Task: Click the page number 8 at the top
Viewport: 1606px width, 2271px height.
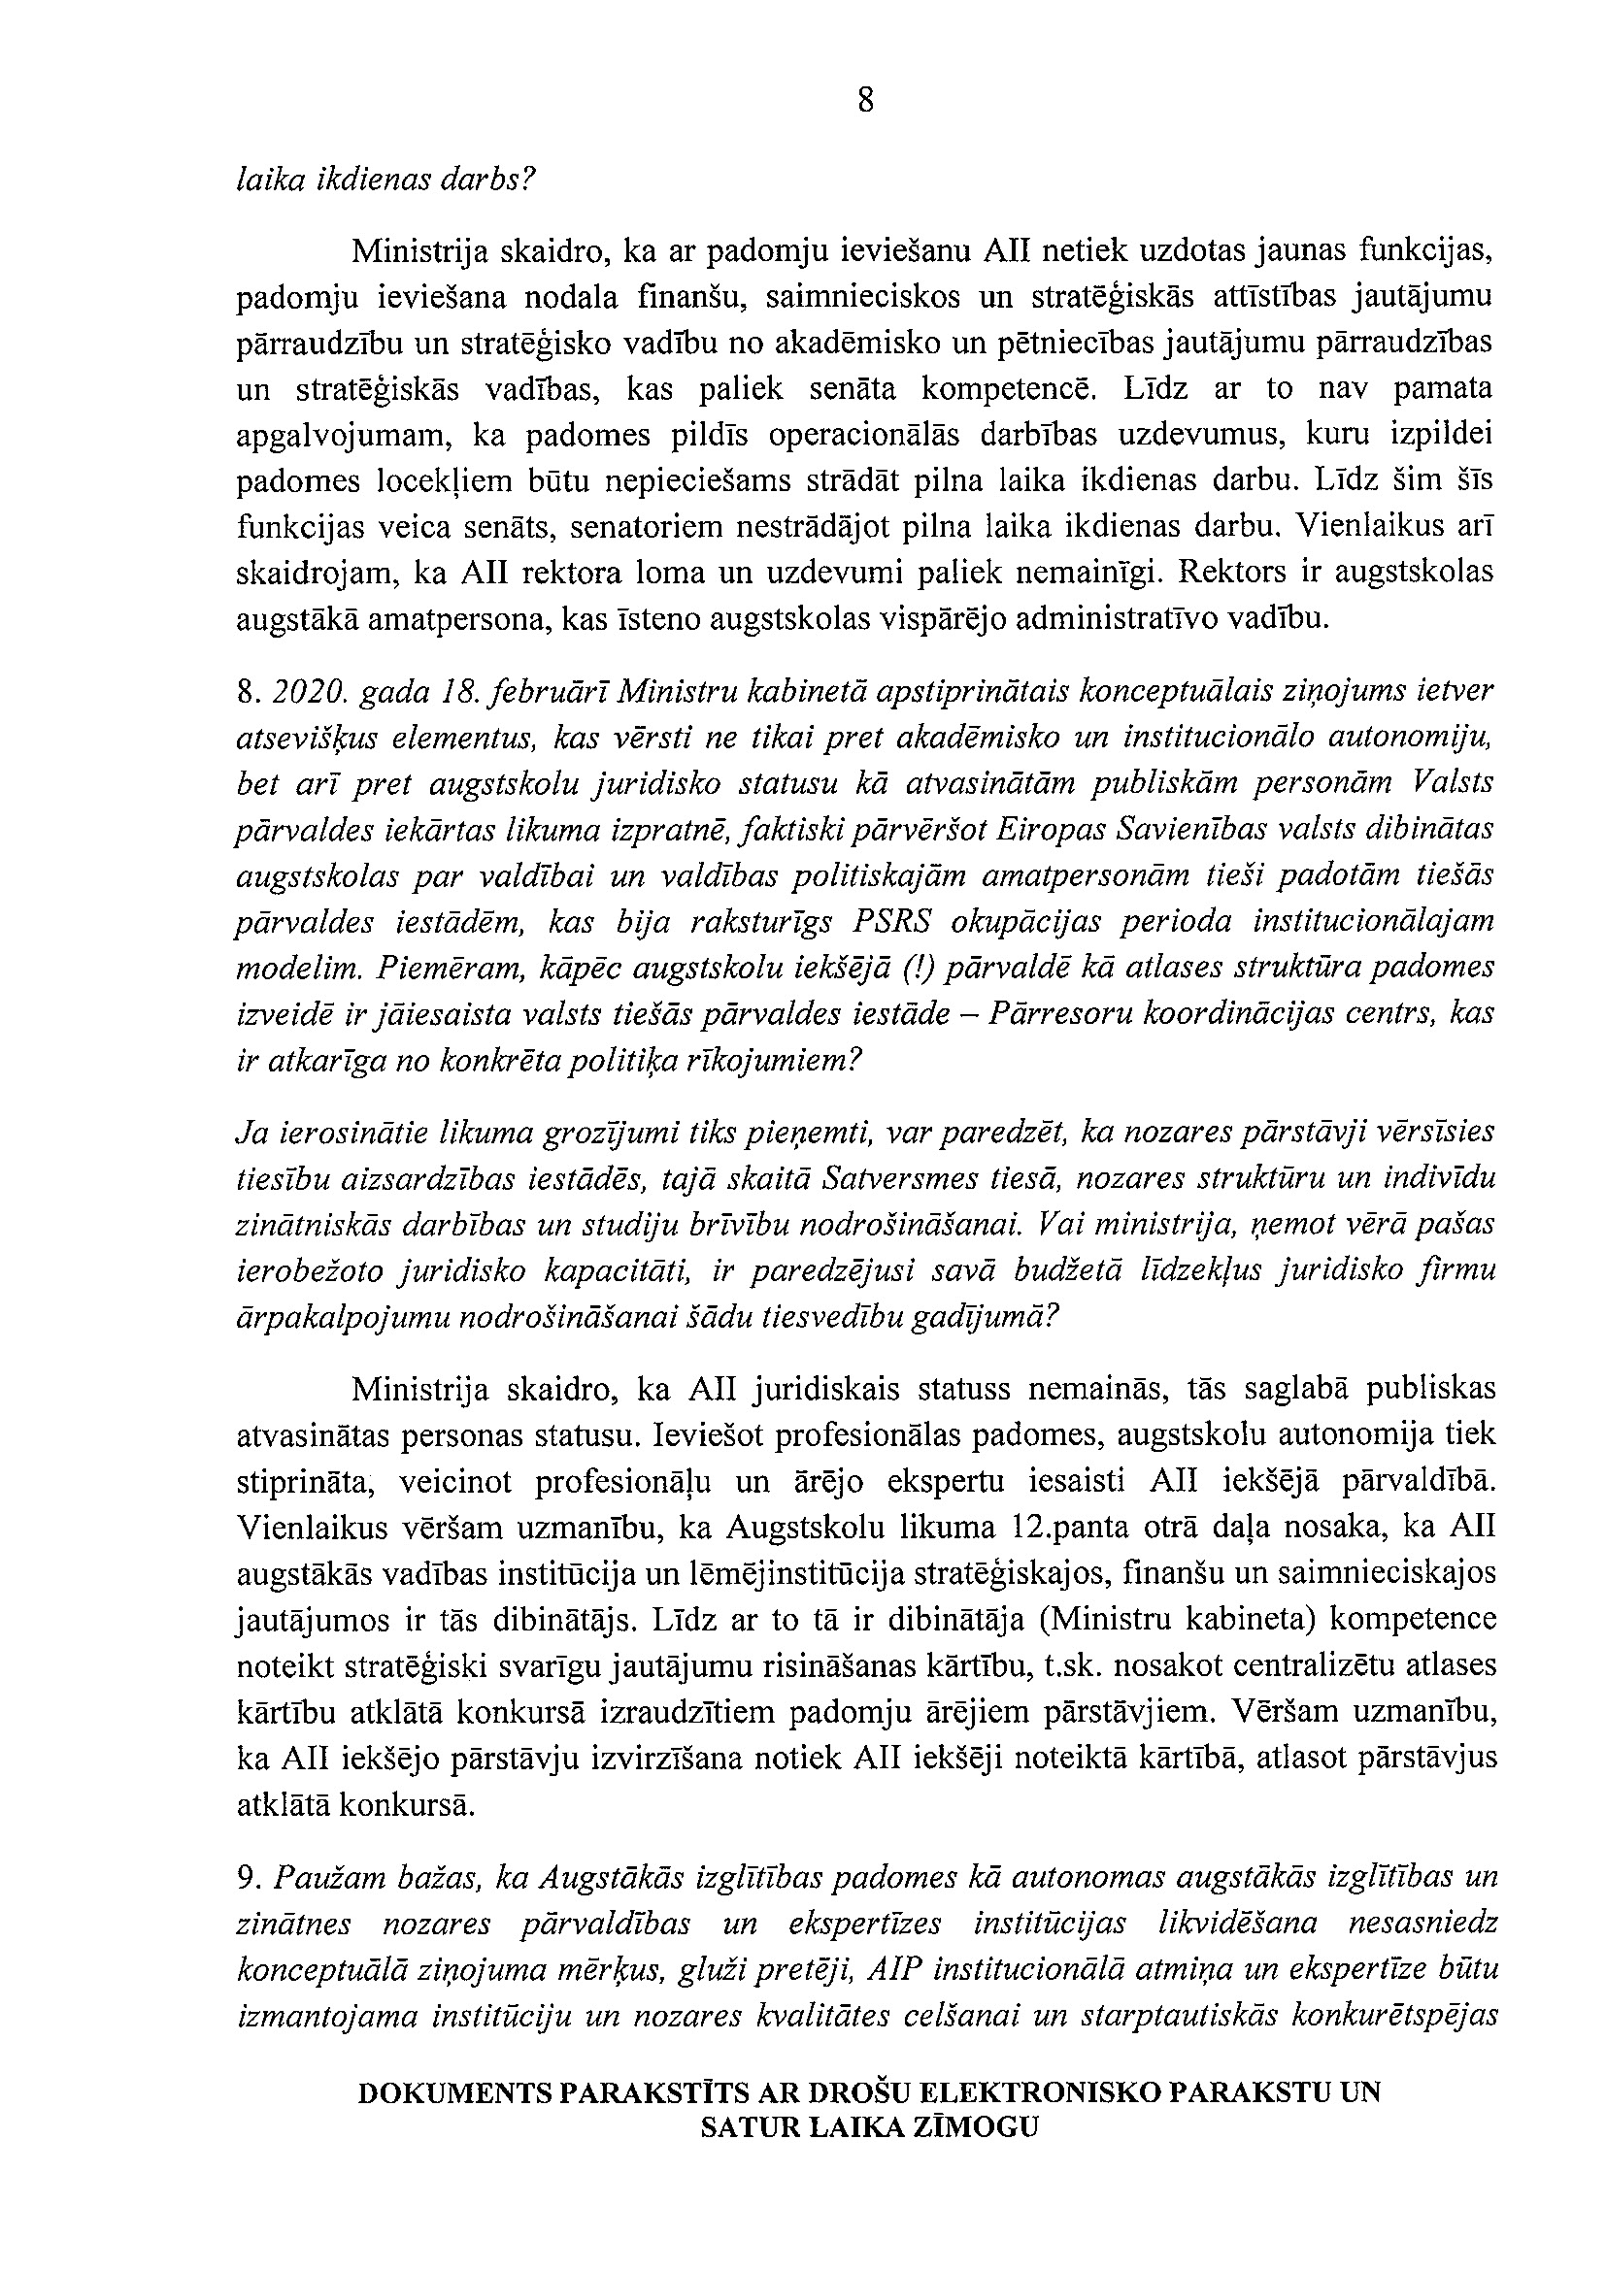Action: click(x=865, y=101)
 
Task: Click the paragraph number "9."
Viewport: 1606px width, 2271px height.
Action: click(x=248, y=1877)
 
